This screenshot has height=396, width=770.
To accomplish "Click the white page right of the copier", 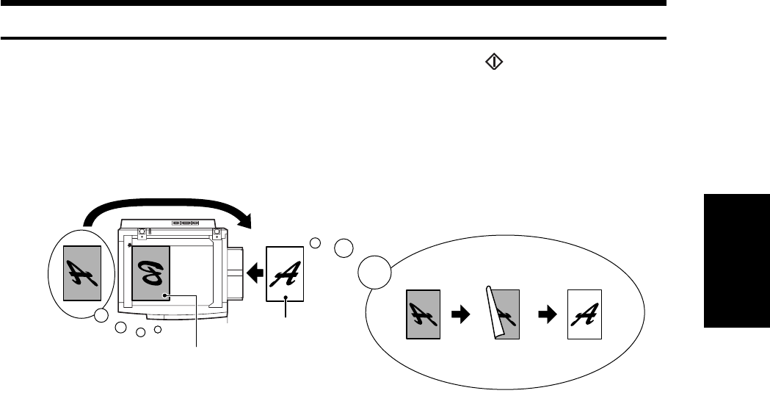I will [x=285, y=273].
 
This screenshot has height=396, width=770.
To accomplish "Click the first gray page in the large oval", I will [x=424, y=314].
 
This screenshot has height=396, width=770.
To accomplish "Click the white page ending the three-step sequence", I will [x=584, y=314].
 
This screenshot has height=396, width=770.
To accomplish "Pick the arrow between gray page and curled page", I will [x=460, y=314].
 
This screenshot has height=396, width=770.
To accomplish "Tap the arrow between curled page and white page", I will [x=547, y=314].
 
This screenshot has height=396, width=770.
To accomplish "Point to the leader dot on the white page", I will [x=285, y=297].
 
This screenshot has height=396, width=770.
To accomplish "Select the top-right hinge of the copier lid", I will [x=217, y=233].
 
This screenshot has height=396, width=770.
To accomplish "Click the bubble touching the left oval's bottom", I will [x=101, y=317].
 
